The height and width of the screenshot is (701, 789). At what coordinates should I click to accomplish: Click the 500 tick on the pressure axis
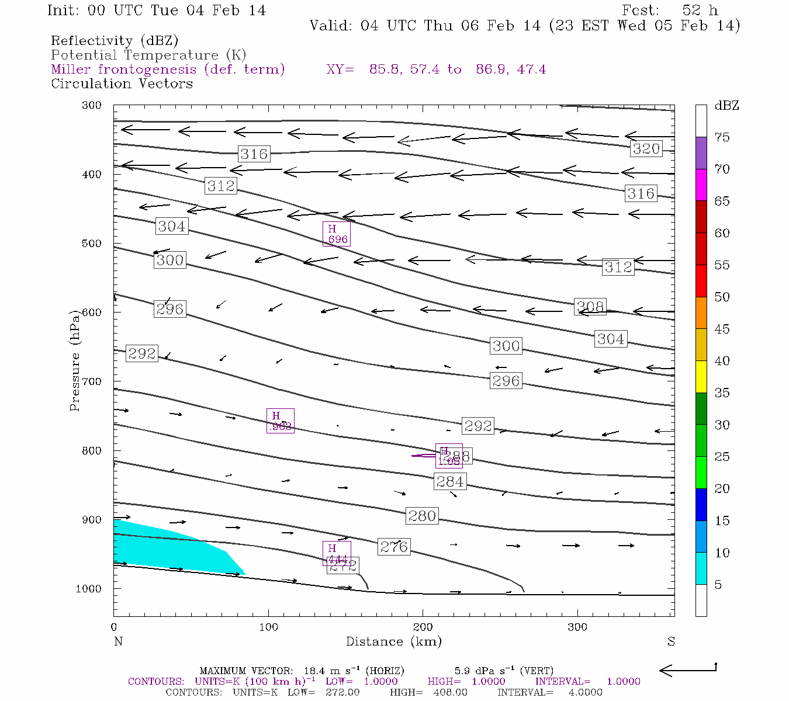pyautogui.click(x=92, y=244)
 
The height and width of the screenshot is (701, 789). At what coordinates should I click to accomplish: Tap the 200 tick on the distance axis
pyautogui.click(x=423, y=627)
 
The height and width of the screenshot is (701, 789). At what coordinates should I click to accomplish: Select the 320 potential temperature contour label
pyautogui.click(x=646, y=149)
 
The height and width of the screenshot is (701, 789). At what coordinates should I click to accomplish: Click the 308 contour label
pyautogui.click(x=590, y=307)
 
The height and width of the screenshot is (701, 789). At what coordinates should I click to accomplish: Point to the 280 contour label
pyautogui.click(x=422, y=516)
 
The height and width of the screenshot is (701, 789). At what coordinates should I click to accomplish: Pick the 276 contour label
pyautogui.click(x=394, y=547)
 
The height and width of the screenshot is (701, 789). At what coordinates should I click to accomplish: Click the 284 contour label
pyautogui.click(x=450, y=481)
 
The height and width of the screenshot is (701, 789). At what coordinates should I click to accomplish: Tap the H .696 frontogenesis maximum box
pyautogui.click(x=337, y=234)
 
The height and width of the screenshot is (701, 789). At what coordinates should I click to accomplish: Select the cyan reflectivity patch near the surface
pyautogui.click(x=169, y=549)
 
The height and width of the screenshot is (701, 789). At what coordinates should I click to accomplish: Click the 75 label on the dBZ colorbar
pyautogui.click(x=722, y=137)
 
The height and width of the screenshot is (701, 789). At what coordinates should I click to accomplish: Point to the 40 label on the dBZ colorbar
pyautogui.click(x=722, y=361)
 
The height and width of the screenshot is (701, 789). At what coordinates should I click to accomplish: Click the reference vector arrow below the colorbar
pyautogui.click(x=688, y=671)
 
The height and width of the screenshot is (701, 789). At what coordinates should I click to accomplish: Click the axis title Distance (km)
pyautogui.click(x=393, y=641)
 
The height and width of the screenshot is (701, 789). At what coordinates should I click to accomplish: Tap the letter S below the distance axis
pyautogui.click(x=671, y=641)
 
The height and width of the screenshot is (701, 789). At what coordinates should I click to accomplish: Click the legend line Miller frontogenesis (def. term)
pyautogui.click(x=168, y=70)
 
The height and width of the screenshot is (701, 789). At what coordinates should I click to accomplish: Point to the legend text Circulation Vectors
pyautogui.click(x=122, y=84)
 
